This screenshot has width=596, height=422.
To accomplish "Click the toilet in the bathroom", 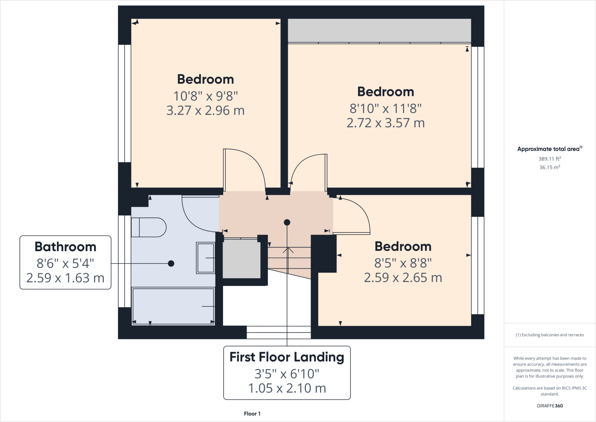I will tap(148, 227).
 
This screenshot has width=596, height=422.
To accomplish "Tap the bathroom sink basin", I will tap(206, 258).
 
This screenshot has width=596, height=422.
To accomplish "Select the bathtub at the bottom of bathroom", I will tap(173, 306).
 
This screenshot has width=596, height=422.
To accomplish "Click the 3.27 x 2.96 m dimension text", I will tap(205, 111).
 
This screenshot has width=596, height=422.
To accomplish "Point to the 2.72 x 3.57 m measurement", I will tap(385, 123).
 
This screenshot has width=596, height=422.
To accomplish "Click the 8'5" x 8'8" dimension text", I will tap(403, 263).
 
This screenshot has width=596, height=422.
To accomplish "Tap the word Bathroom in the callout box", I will tap(65, 247).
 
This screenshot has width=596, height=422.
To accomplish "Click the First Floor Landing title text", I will tap(287, 357).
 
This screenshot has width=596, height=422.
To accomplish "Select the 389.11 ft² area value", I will tap(549, 159).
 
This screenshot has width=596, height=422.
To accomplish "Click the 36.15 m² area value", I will tap(549, 167).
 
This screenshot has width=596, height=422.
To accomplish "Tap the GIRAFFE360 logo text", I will tap(549, 406).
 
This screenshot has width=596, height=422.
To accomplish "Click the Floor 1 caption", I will tap(252, 414).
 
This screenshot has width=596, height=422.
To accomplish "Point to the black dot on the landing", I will tap(287, 223).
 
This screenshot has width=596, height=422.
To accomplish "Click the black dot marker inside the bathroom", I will tap(171, 264).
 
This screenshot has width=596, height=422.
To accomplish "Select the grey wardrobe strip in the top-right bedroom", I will tap(379, 30).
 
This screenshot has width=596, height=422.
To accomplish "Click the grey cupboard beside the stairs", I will tap(242, 259).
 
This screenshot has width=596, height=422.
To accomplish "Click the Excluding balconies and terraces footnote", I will tap(549, 335).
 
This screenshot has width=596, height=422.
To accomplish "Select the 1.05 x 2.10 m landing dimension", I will tap(287, 388).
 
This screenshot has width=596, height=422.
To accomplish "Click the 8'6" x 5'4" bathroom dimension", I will tap(65, 264).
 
